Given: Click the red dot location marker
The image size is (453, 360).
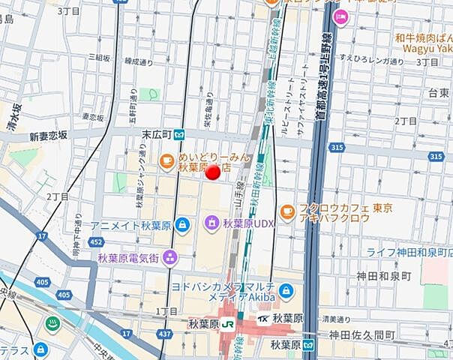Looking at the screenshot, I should point(213,172).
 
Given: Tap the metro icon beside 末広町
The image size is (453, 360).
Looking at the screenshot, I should point(180,135).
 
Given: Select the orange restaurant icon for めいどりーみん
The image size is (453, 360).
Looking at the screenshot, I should point(166,160).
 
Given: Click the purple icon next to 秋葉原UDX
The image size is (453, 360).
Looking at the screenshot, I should point(212,223).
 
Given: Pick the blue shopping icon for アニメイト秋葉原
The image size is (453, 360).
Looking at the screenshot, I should point(79,225).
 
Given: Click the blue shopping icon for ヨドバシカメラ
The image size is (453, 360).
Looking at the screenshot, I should point(286,291).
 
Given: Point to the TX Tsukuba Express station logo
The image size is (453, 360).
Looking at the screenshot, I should point(263,319).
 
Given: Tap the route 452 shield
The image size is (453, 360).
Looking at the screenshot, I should point(96,242).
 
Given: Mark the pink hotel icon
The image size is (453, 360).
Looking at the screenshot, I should point(341,16).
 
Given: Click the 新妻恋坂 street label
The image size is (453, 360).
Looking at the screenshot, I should point(48,136).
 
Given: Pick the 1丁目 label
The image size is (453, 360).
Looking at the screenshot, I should point(166,310).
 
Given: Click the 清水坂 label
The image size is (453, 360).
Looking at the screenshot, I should point(13,117).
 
